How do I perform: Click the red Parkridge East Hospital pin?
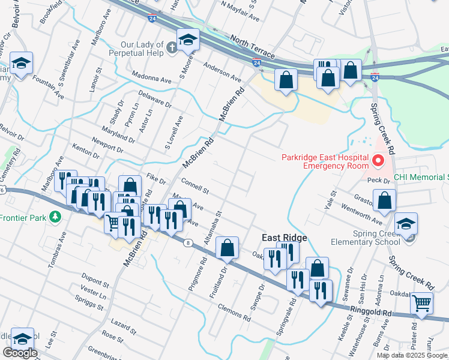pos(378,161)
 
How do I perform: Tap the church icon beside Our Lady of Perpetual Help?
pos(172,47)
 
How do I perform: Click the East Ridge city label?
pos(285,238)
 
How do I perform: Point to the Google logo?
pos(19,353)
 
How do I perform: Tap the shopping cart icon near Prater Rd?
pos(423,304)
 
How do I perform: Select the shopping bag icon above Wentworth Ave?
pos(384,200)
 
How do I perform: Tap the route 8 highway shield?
pos(188,242)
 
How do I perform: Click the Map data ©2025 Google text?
pos(412,355)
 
